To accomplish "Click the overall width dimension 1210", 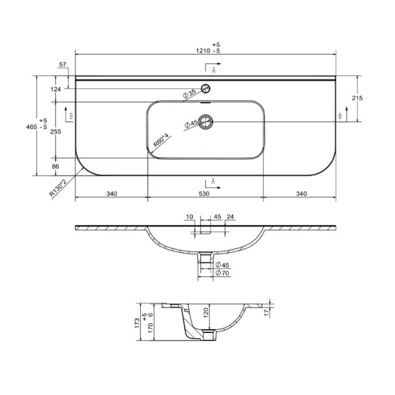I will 203,51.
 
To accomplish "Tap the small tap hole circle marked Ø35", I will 205,88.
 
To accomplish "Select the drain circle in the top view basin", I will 205,122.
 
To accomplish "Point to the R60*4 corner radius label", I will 161,141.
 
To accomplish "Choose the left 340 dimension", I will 112,194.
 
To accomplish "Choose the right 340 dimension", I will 301,194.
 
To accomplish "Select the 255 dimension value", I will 56,132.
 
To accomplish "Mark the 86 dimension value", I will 55,167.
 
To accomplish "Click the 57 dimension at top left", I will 62,64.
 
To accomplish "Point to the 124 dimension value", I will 56,89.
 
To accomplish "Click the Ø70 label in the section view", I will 223,273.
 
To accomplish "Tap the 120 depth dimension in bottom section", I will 205,314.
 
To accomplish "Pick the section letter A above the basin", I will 214,70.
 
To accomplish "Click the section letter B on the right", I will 340,115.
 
